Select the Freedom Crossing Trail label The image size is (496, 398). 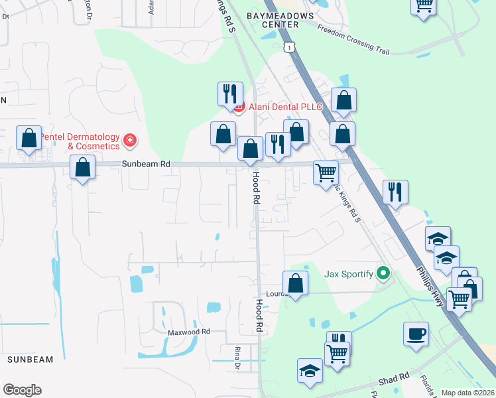(352, 38)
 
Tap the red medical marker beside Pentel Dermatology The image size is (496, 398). (130, 141)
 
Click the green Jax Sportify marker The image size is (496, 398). (383, 273)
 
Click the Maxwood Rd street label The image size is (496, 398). (188, 331)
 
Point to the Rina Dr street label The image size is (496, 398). (236, 357)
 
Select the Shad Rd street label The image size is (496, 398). (394, 379)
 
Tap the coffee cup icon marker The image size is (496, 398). (416, 333)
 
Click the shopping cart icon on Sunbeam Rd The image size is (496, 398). (326, 172)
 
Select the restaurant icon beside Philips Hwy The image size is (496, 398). (395, 192)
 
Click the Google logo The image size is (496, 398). (22, 390)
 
